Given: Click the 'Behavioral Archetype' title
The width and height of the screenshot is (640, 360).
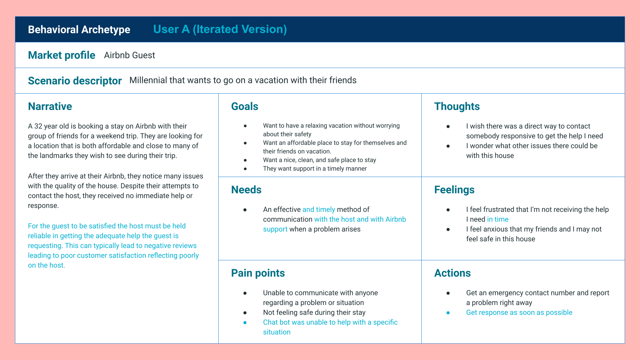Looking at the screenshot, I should point(79,30).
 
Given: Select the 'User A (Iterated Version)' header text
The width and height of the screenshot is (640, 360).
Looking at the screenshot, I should point(220,29).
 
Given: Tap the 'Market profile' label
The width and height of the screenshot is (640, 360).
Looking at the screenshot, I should point(62,55).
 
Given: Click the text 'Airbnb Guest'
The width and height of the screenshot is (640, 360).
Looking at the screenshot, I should point(129,55).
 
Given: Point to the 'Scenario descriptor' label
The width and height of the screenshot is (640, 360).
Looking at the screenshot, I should point(75,81).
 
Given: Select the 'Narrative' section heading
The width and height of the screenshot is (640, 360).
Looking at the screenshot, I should point(50,106).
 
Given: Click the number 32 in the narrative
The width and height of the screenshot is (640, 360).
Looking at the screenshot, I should point(38,126).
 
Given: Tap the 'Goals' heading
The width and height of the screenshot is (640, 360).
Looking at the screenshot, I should point(245,106).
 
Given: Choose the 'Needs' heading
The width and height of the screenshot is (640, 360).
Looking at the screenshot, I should point(246,190).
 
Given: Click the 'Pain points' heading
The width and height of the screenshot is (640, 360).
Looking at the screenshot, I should point(258,273).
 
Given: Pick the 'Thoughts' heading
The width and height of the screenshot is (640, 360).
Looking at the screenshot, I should point(457,106).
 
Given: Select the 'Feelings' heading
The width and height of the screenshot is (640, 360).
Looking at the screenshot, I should point(454,190).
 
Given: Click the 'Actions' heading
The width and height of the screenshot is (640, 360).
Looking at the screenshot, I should point(452,273).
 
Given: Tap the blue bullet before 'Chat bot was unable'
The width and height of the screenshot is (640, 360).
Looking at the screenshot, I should point(245,323).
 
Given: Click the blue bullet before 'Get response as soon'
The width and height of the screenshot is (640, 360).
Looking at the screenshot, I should point(448,313).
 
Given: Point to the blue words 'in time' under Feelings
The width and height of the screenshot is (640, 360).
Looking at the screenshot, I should point(498,219).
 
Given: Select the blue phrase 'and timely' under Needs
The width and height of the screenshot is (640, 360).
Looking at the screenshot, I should point(319,210).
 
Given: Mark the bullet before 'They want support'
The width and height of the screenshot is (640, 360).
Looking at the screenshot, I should point(245,169).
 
